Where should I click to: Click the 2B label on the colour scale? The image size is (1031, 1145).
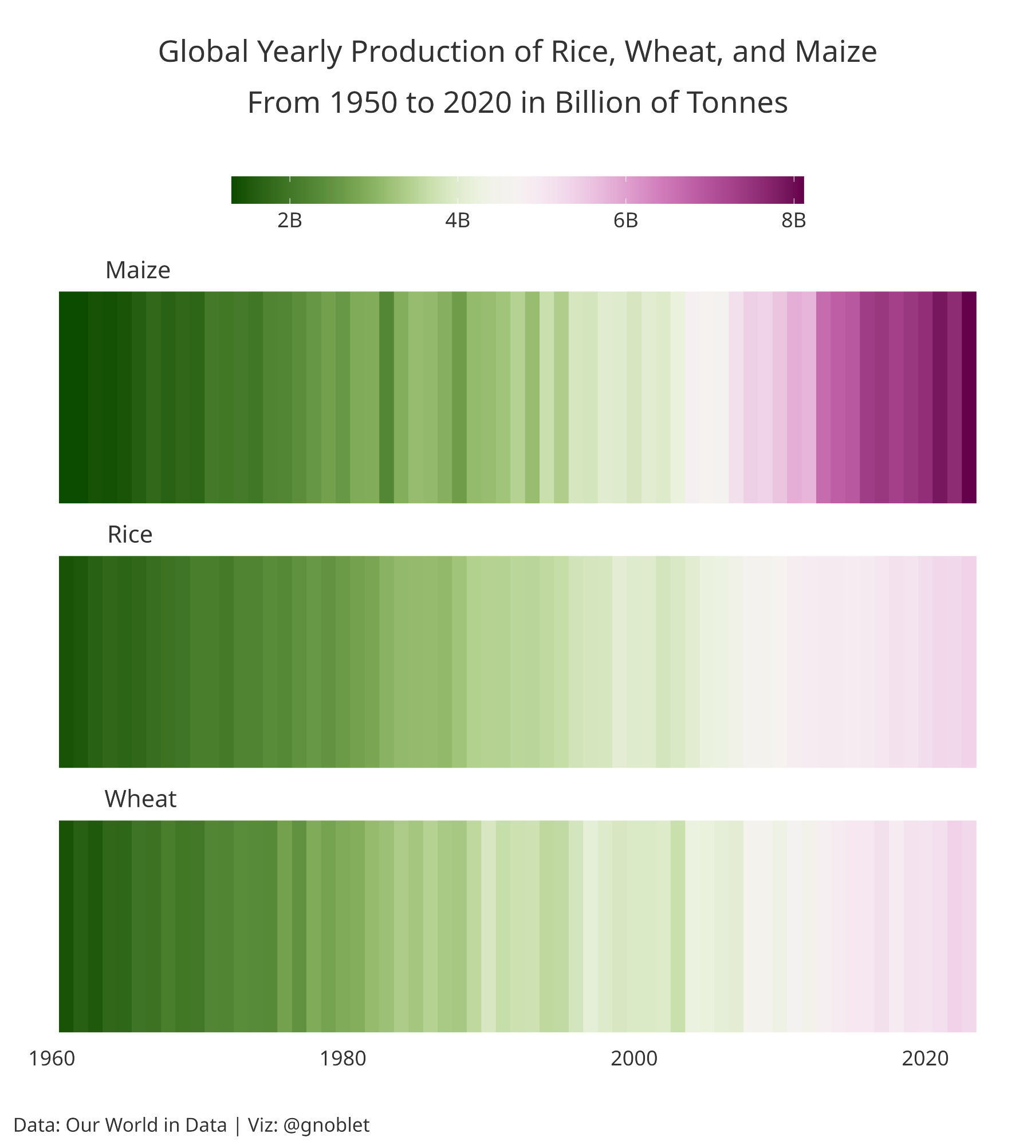tap(289, 220)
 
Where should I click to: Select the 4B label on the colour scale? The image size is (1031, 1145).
tap(457, 220)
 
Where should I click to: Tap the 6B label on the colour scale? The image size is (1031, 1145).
tap(625, 220)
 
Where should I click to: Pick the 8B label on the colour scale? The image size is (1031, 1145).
tap(793, 220)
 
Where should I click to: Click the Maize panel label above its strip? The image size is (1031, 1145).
tap(138, 270)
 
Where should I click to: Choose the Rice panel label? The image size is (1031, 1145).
tap(130, 535)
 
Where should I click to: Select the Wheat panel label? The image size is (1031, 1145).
tap(140, 799)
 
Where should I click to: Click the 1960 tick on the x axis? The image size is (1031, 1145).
tap(52, 1059)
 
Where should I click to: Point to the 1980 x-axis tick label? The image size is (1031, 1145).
tap(343, 1059)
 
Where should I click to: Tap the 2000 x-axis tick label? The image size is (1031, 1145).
tap(634, 1059)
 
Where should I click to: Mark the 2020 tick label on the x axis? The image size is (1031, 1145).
tap(925, 1059)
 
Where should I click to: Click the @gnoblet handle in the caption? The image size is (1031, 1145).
tap(326, 1125)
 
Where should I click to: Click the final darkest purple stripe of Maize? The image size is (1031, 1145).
tap(969, 397)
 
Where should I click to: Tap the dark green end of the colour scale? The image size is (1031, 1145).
tap(236, 190)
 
